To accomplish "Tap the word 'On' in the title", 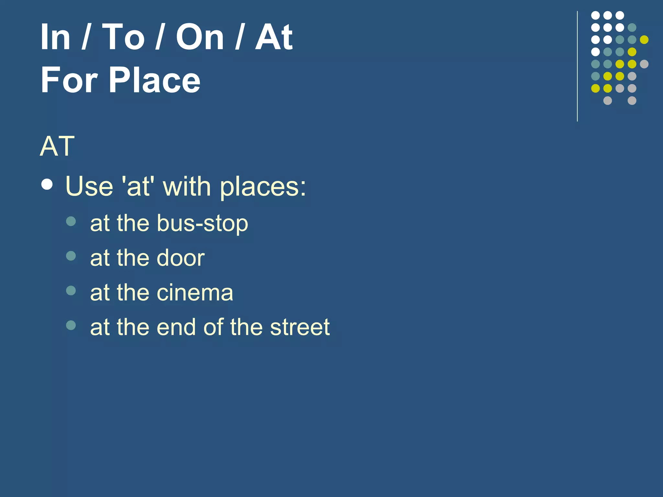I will (200, 37).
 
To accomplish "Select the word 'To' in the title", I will (123, 37).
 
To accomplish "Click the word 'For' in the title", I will (69, 80).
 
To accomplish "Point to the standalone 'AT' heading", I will (57, 146).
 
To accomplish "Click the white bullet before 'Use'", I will (47, 184).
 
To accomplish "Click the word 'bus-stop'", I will (202, 223).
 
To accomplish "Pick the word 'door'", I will (180, 258).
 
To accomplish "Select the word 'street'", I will (300, 327).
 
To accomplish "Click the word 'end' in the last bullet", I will (176, 327).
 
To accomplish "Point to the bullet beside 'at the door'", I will (71, 256).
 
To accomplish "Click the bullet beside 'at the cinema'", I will (71, 290).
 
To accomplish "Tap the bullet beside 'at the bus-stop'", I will (71, 221).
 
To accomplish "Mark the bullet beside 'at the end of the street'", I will (71, 325).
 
